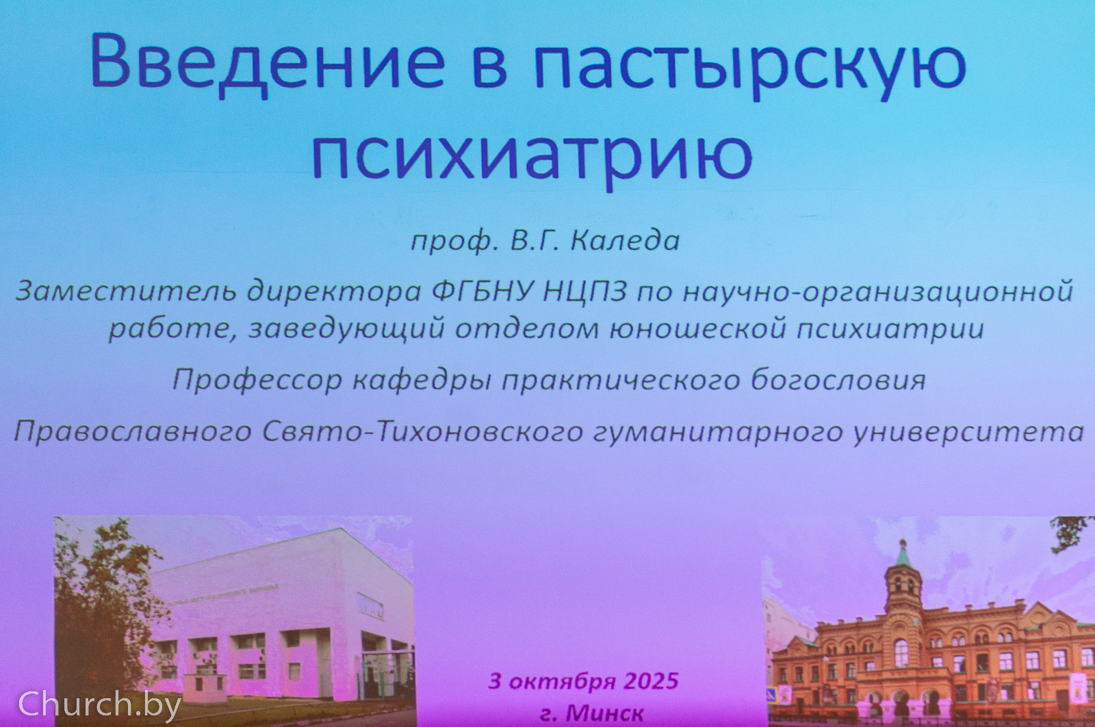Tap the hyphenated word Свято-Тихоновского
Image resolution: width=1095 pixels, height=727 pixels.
(x=422, y=432)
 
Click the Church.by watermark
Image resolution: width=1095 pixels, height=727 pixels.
(x=99, y=704)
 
